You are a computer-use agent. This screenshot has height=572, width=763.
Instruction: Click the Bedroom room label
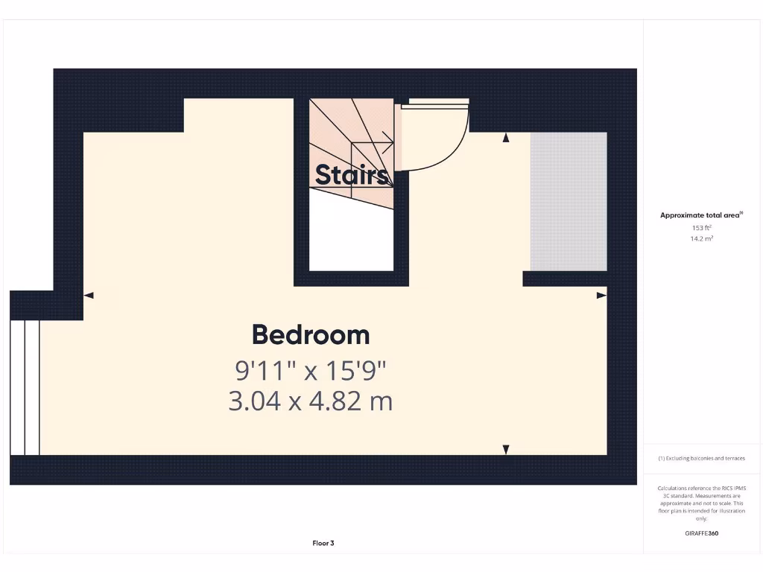point(311,334)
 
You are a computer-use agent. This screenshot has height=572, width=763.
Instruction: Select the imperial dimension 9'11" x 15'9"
point(311,369)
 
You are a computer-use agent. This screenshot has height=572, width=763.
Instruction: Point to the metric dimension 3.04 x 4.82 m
point(311,401)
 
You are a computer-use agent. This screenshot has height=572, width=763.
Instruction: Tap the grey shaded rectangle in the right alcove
point(569,202)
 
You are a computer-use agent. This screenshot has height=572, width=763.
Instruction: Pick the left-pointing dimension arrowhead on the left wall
point(89,296)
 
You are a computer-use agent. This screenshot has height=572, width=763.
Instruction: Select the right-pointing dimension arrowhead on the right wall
point(601,296)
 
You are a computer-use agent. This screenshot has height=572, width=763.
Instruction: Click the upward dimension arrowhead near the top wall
point(506,137)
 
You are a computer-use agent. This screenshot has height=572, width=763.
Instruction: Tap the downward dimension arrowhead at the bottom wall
point(506,449)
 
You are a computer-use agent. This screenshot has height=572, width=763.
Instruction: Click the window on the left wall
point(25,387)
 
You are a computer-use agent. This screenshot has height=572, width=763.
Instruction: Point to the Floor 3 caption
point(323,543)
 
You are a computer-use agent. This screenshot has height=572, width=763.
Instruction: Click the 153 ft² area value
point(701,227)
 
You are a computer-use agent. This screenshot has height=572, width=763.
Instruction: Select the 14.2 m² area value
point(701,238)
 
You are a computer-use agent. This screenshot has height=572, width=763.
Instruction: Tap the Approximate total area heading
point(700,215)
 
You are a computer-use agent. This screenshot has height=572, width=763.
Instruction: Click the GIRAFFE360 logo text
point(701,533)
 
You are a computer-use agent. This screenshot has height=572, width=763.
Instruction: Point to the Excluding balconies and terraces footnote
point(701,458)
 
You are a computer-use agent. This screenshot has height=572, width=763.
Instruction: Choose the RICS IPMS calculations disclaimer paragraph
point(701,503)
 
